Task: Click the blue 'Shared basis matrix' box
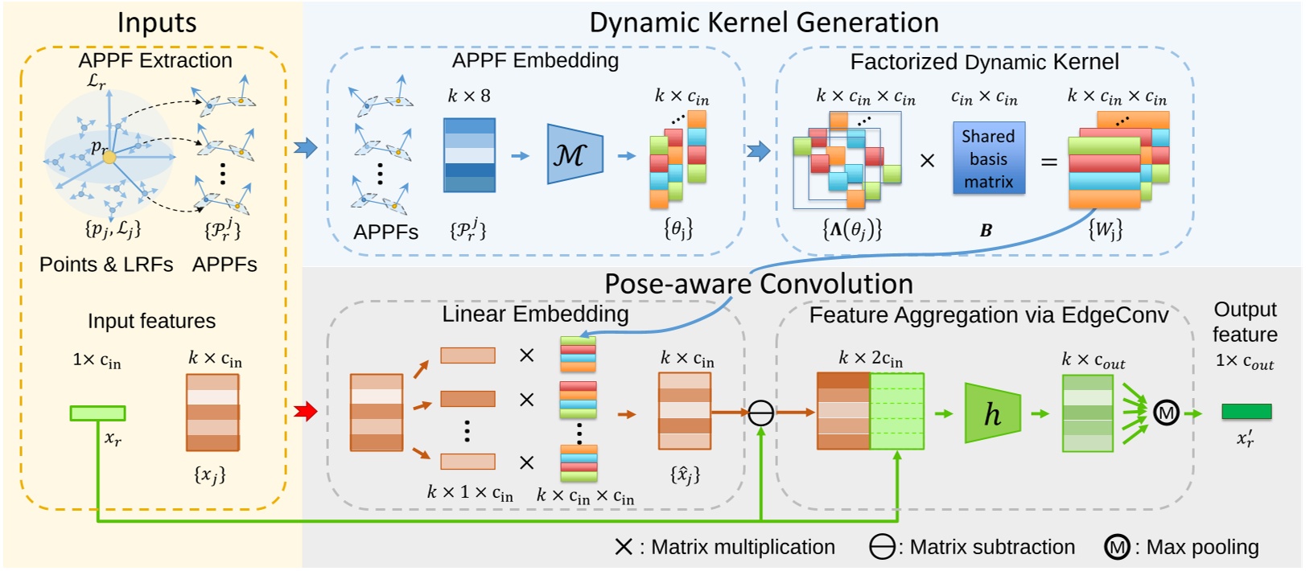(988, 158)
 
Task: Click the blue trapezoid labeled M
(574, 154)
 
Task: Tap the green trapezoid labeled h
(992, 413)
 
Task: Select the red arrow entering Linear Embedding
(306, 412)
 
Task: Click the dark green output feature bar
(1246, 412)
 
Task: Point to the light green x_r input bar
(97, 413)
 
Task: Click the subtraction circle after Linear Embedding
(760, 413)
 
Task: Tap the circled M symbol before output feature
(1165, 413)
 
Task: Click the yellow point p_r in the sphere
(109, 158)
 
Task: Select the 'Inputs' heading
(157, 23)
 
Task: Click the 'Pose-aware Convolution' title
(758, 284)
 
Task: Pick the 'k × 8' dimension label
(468, 96)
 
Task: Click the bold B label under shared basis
(986, 231)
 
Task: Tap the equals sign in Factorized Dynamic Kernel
(1049, 162)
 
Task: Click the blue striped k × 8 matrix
(469, 155)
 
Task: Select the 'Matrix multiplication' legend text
(742, 548)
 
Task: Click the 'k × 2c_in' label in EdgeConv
(870, 359)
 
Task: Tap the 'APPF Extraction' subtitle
(154, 60)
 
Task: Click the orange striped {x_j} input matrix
(212, 413)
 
